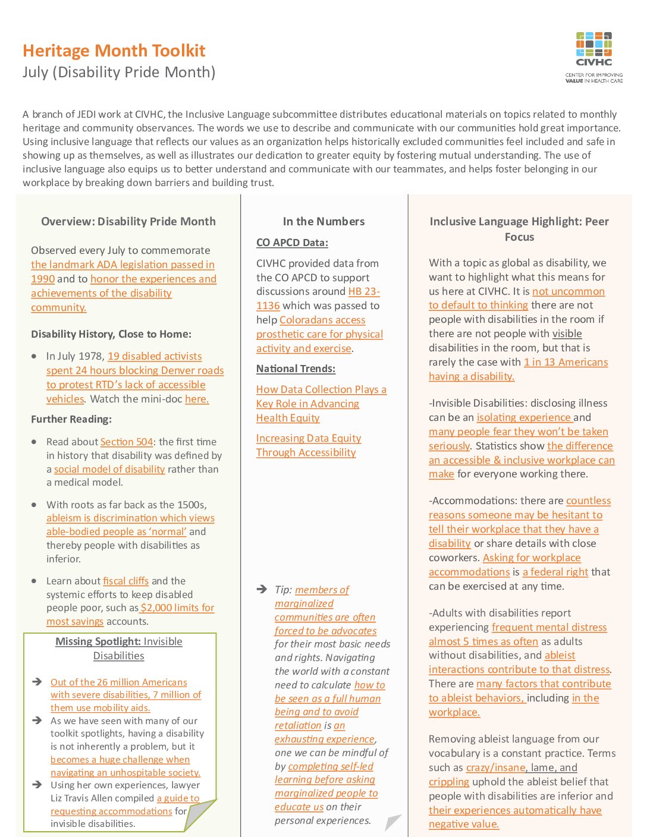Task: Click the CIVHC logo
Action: [x=593, y=57]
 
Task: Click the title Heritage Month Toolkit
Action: [x=114, y=51]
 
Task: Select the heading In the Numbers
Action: [x=323, y=222]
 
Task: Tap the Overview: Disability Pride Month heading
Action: [x=128, y=222]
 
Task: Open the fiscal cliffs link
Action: [x=125, y=581]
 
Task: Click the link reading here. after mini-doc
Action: [x=197, y=399]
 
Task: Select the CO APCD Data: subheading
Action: [x=292, y=243]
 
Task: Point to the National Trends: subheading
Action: [x=296, y=369]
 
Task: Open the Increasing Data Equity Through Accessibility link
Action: [x=308, y=445]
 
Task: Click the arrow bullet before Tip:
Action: [x=262, y=589]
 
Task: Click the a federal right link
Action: [x=555, y=572]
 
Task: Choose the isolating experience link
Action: [x=523, y=417]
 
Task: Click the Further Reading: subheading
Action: [x=71, y=419]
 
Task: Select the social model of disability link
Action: [x=109, y=469]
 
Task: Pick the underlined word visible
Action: [x=567, y=333]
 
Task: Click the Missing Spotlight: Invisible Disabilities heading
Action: [x=119, y=649]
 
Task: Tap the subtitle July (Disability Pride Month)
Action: [x=119, y=73]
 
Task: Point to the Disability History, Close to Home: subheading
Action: [x=111, y=334]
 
